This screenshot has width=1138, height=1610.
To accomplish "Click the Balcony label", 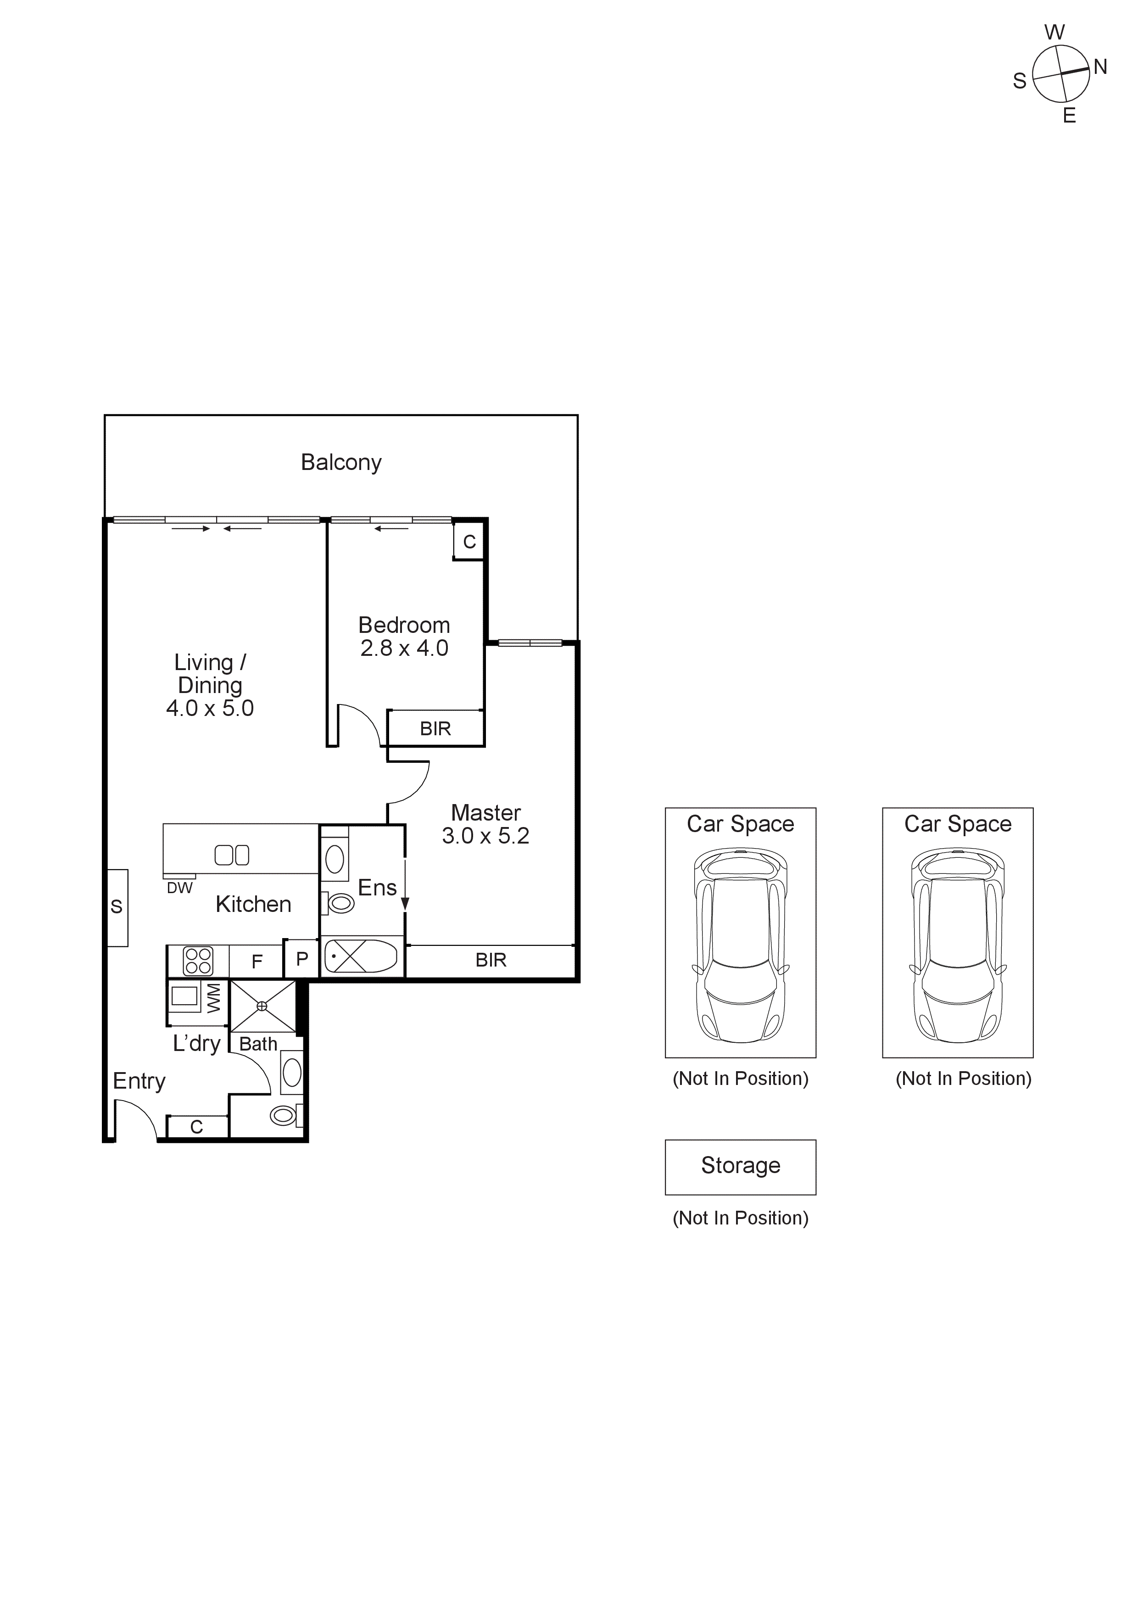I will (x=341, y=462).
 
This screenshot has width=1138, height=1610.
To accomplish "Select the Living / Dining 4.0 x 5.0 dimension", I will (x=210, y=708).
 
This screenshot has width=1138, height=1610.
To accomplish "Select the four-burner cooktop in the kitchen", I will (x=198, y=961).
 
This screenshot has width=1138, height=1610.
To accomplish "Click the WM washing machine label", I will (x=214, y=997).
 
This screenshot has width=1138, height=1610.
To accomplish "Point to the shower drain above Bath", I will (x=262, y=1006).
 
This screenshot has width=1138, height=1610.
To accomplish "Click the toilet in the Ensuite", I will (x=340, y=904).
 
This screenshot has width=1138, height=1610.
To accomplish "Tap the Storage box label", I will (x=741, y=1165).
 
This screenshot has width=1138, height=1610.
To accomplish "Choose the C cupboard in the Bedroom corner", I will (x=469, y=542).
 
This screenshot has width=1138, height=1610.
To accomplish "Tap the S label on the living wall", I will (x=117, y=907).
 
